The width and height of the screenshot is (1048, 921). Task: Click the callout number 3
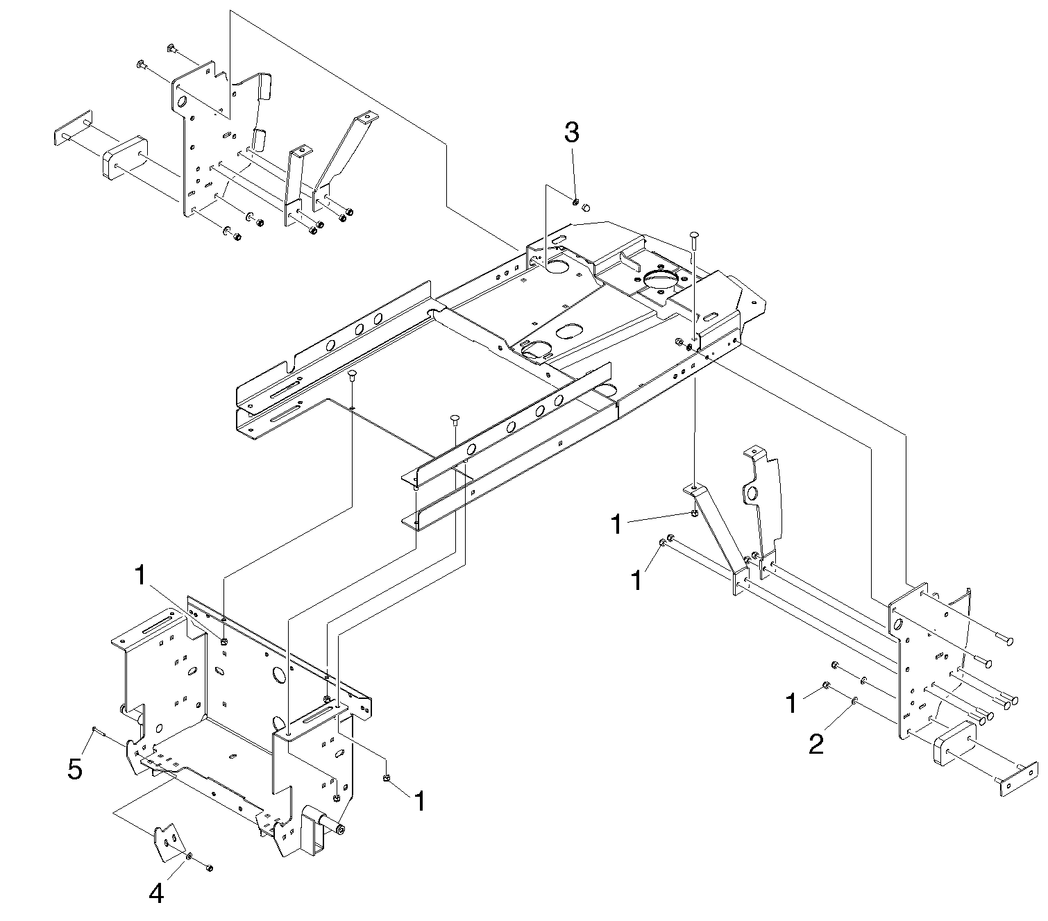[x=571, y=133]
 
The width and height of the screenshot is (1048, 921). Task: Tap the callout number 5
[x=75, y=769]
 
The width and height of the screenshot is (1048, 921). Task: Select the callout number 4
[x=157, y=894]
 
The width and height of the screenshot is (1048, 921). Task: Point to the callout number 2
[x=816, y=745]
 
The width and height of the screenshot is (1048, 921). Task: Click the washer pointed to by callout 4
[x=189, y=857]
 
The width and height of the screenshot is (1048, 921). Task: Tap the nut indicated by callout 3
[x=576, y=202]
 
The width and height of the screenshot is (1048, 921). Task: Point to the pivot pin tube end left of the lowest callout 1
[x=341, y=829]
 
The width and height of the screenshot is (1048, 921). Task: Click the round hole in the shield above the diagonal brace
[x=751, y=494]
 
